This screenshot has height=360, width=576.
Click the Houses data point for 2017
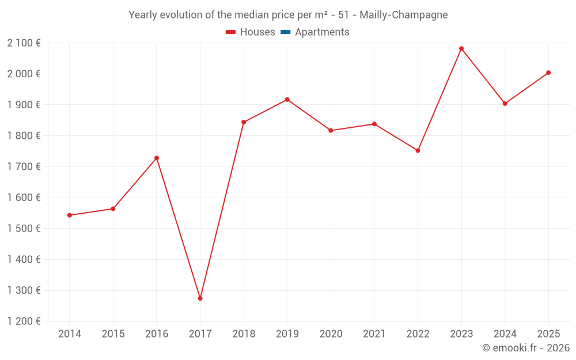pos(200,298)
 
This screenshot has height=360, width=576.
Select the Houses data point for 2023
pos(461,48)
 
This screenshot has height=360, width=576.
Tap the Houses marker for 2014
pos(70,215)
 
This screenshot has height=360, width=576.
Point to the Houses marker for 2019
pos(287,100)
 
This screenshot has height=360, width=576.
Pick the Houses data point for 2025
pos(548,73)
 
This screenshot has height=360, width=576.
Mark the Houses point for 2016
pos(157,158)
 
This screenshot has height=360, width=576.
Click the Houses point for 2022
pos(418,150)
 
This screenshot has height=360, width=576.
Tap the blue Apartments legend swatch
pos(285,32)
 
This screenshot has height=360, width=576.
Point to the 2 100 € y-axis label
pos(24,43)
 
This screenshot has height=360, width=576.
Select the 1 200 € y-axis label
pos(24,321)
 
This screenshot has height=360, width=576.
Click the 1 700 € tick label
pos(24,166)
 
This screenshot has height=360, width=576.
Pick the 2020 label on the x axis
pos(331,334)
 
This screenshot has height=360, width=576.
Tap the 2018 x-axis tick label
pos(244,334)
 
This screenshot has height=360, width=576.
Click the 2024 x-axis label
pos(505,334)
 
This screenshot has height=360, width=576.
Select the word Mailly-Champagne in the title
pos(404,15)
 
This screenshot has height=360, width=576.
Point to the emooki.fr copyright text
pos(525,348)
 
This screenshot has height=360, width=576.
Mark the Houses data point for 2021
pos(374,124)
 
